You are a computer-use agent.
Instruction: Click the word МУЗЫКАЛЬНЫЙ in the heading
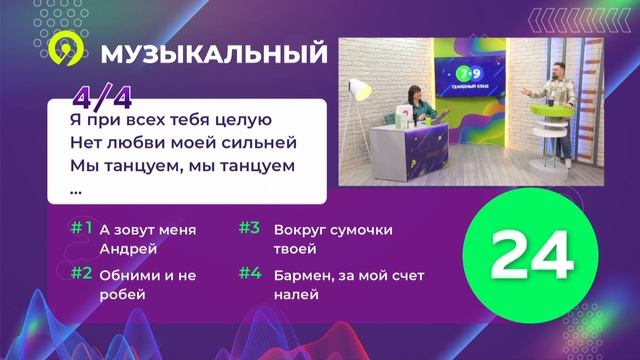[x=214, y=52]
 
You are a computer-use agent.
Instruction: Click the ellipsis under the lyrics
[x=77, y=187]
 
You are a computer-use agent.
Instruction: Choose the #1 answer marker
[x=81, y=228]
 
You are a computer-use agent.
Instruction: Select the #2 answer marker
[x=81, y=272]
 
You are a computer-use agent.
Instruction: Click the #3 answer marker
[x=249, y=228]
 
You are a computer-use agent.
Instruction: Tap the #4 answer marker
[x=249, y=272]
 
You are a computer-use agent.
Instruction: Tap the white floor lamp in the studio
[x=360, y=100]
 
